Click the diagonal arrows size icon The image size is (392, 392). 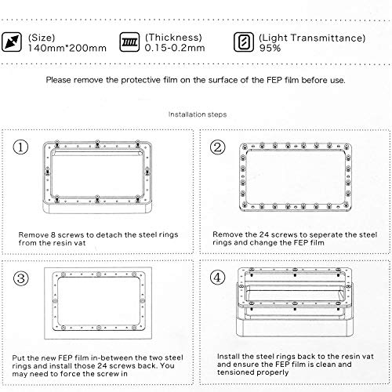(x=12, y=42)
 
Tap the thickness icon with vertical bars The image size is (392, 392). (x=129, y=42)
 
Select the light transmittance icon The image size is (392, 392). (x=244, y=42)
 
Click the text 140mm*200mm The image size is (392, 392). (x=67, y=48)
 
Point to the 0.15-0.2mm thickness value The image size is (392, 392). (x=175, y=48)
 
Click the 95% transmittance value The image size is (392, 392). (x=270, y=48)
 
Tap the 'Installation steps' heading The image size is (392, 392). (x=198, y=114)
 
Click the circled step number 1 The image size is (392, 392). (x=20, y=147)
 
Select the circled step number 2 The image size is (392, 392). (x=218, y=147)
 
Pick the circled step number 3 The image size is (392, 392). (x=21, y=278)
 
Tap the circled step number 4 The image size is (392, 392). (x=218, y=278)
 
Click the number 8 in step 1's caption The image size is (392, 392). (x=53, y=234)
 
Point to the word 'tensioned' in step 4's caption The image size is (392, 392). (x=234, y=372)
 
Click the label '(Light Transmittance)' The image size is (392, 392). (x=312, y=38)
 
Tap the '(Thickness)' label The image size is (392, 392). (x=173, y=38)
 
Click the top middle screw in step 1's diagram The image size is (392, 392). (x=97, y=143)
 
